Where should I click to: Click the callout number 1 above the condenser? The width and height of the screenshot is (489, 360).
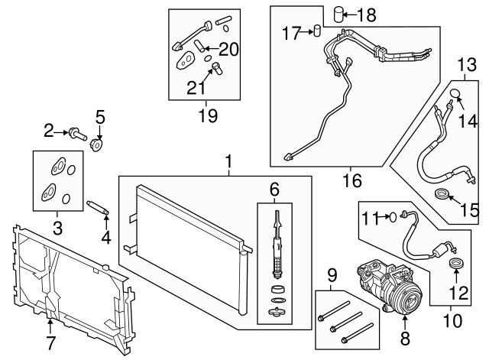point(227,162)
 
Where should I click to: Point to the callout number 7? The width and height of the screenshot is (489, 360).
point(50,343)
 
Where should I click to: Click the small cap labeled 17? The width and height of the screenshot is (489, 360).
point(312,31)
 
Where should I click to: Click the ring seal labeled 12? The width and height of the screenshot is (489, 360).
point(457,264)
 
